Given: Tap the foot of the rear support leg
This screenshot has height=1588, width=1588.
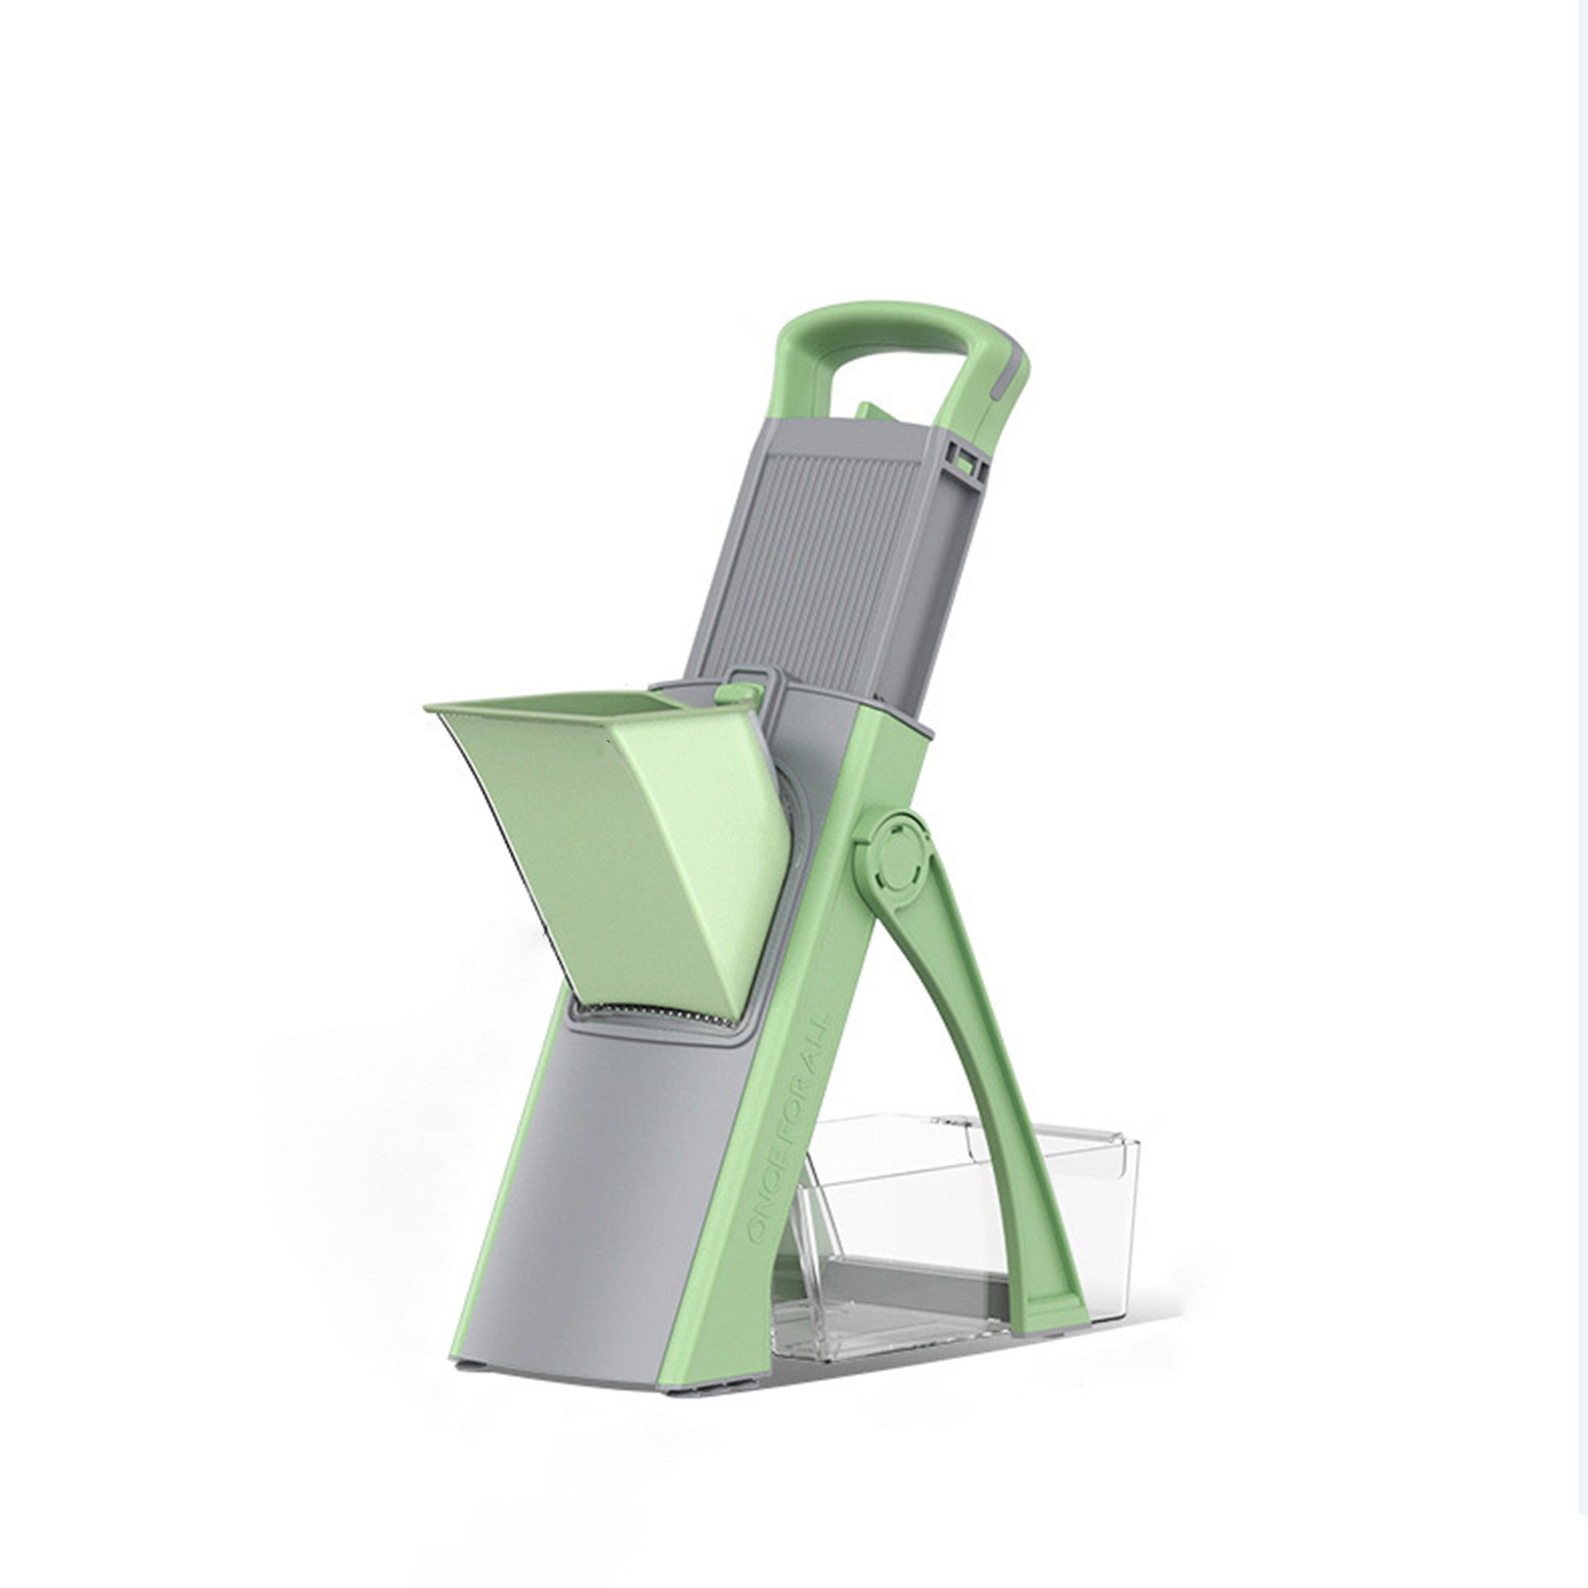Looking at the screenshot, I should [x=1063, y=1356].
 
